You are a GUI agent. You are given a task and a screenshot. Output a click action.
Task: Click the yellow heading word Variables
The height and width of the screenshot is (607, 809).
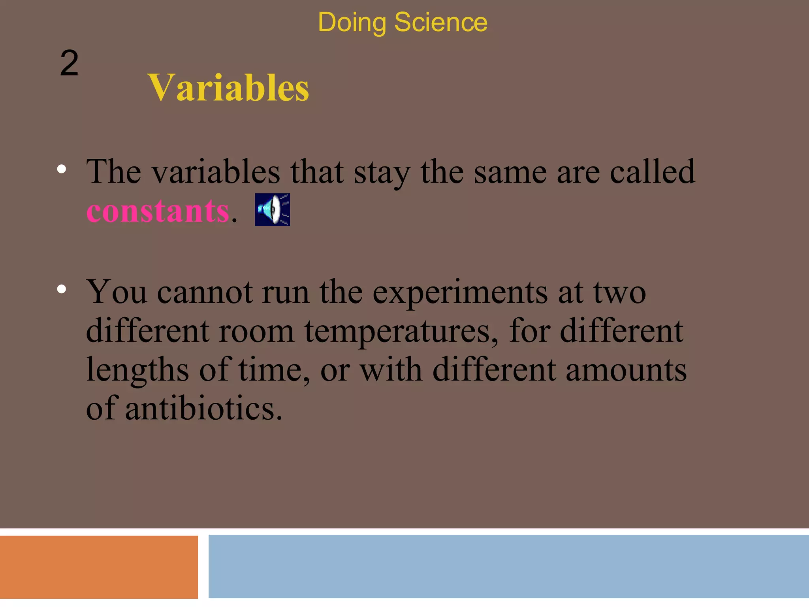point(228,88)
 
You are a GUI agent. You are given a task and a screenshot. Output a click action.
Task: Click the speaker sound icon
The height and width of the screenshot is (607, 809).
point(272,209)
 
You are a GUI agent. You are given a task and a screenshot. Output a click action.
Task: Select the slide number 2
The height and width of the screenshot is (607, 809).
point(69,63)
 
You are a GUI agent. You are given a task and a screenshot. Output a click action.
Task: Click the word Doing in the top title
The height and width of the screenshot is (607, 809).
point(352,23)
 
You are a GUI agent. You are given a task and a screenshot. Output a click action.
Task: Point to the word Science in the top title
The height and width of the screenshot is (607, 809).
point(440,22)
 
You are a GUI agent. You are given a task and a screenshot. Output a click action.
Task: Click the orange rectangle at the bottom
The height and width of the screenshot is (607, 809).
point(99,567)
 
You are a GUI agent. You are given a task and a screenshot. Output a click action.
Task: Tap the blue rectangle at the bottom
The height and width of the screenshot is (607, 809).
point(508,566)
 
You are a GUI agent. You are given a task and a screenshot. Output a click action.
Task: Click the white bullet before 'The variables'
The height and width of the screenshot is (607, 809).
point(61,169)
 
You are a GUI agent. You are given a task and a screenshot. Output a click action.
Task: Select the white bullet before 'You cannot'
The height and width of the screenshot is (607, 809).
point(61,289)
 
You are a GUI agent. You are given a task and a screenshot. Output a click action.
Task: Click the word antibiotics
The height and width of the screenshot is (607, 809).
point(203,408)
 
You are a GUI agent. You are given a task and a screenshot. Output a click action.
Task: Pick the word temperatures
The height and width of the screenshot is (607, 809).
point(401,331)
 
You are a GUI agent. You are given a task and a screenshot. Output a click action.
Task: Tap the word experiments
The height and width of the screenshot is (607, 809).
point(460,292)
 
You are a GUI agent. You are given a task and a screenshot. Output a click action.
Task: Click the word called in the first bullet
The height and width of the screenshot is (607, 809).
point(652,172)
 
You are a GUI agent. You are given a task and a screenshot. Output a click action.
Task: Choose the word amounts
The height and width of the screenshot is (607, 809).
point(626,369)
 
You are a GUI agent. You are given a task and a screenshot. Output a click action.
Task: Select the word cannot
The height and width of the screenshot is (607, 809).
point(205,292)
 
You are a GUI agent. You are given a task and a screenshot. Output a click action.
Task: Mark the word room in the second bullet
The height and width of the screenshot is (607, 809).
point(256,331)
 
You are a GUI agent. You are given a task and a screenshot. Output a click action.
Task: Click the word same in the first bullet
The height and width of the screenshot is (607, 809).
point(510,172)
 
